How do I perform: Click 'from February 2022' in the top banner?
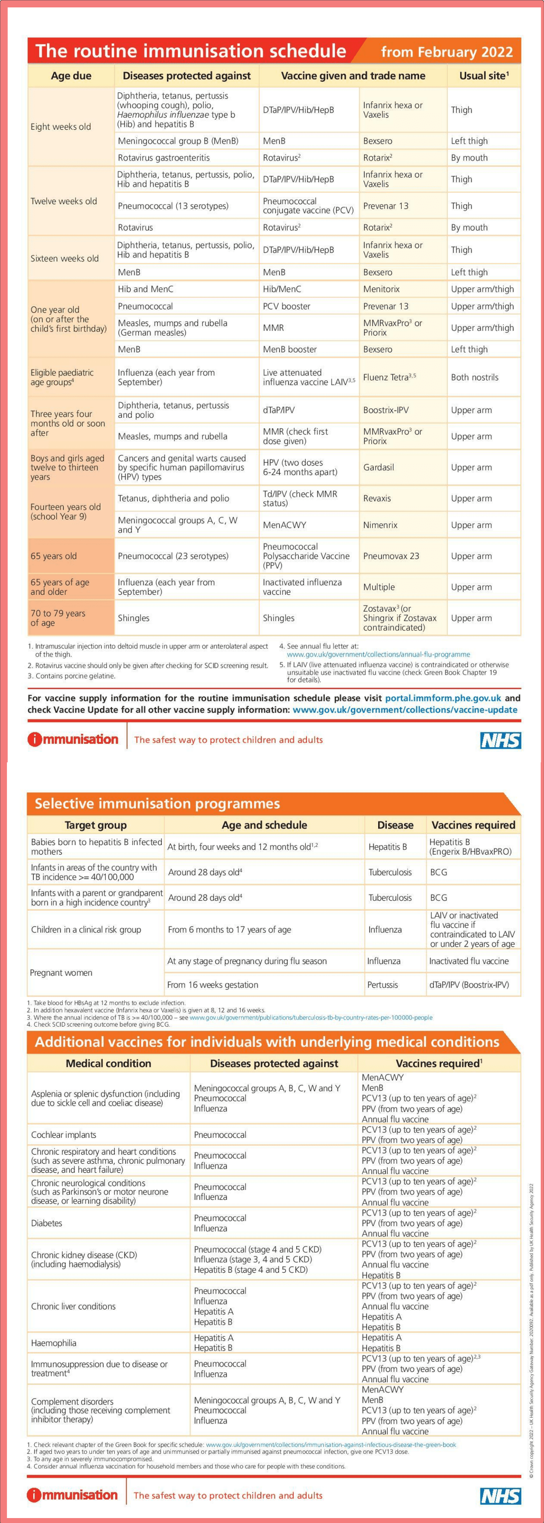446,52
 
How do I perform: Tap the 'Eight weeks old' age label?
61,126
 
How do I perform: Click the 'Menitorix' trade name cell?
381,289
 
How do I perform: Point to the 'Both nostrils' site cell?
474,377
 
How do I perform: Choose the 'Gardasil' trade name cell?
379,467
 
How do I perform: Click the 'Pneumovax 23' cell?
391,556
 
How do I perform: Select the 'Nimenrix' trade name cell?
380,525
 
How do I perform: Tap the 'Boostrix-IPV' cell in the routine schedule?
386,410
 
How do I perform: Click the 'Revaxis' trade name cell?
377,498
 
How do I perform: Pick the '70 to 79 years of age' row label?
58,618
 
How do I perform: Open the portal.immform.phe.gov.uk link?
443,698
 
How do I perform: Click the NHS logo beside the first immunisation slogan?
500,740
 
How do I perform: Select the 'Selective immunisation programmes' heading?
157,803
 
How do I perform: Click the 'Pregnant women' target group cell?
61,973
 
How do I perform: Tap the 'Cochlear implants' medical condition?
63,1134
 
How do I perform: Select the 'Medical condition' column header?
108,1063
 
